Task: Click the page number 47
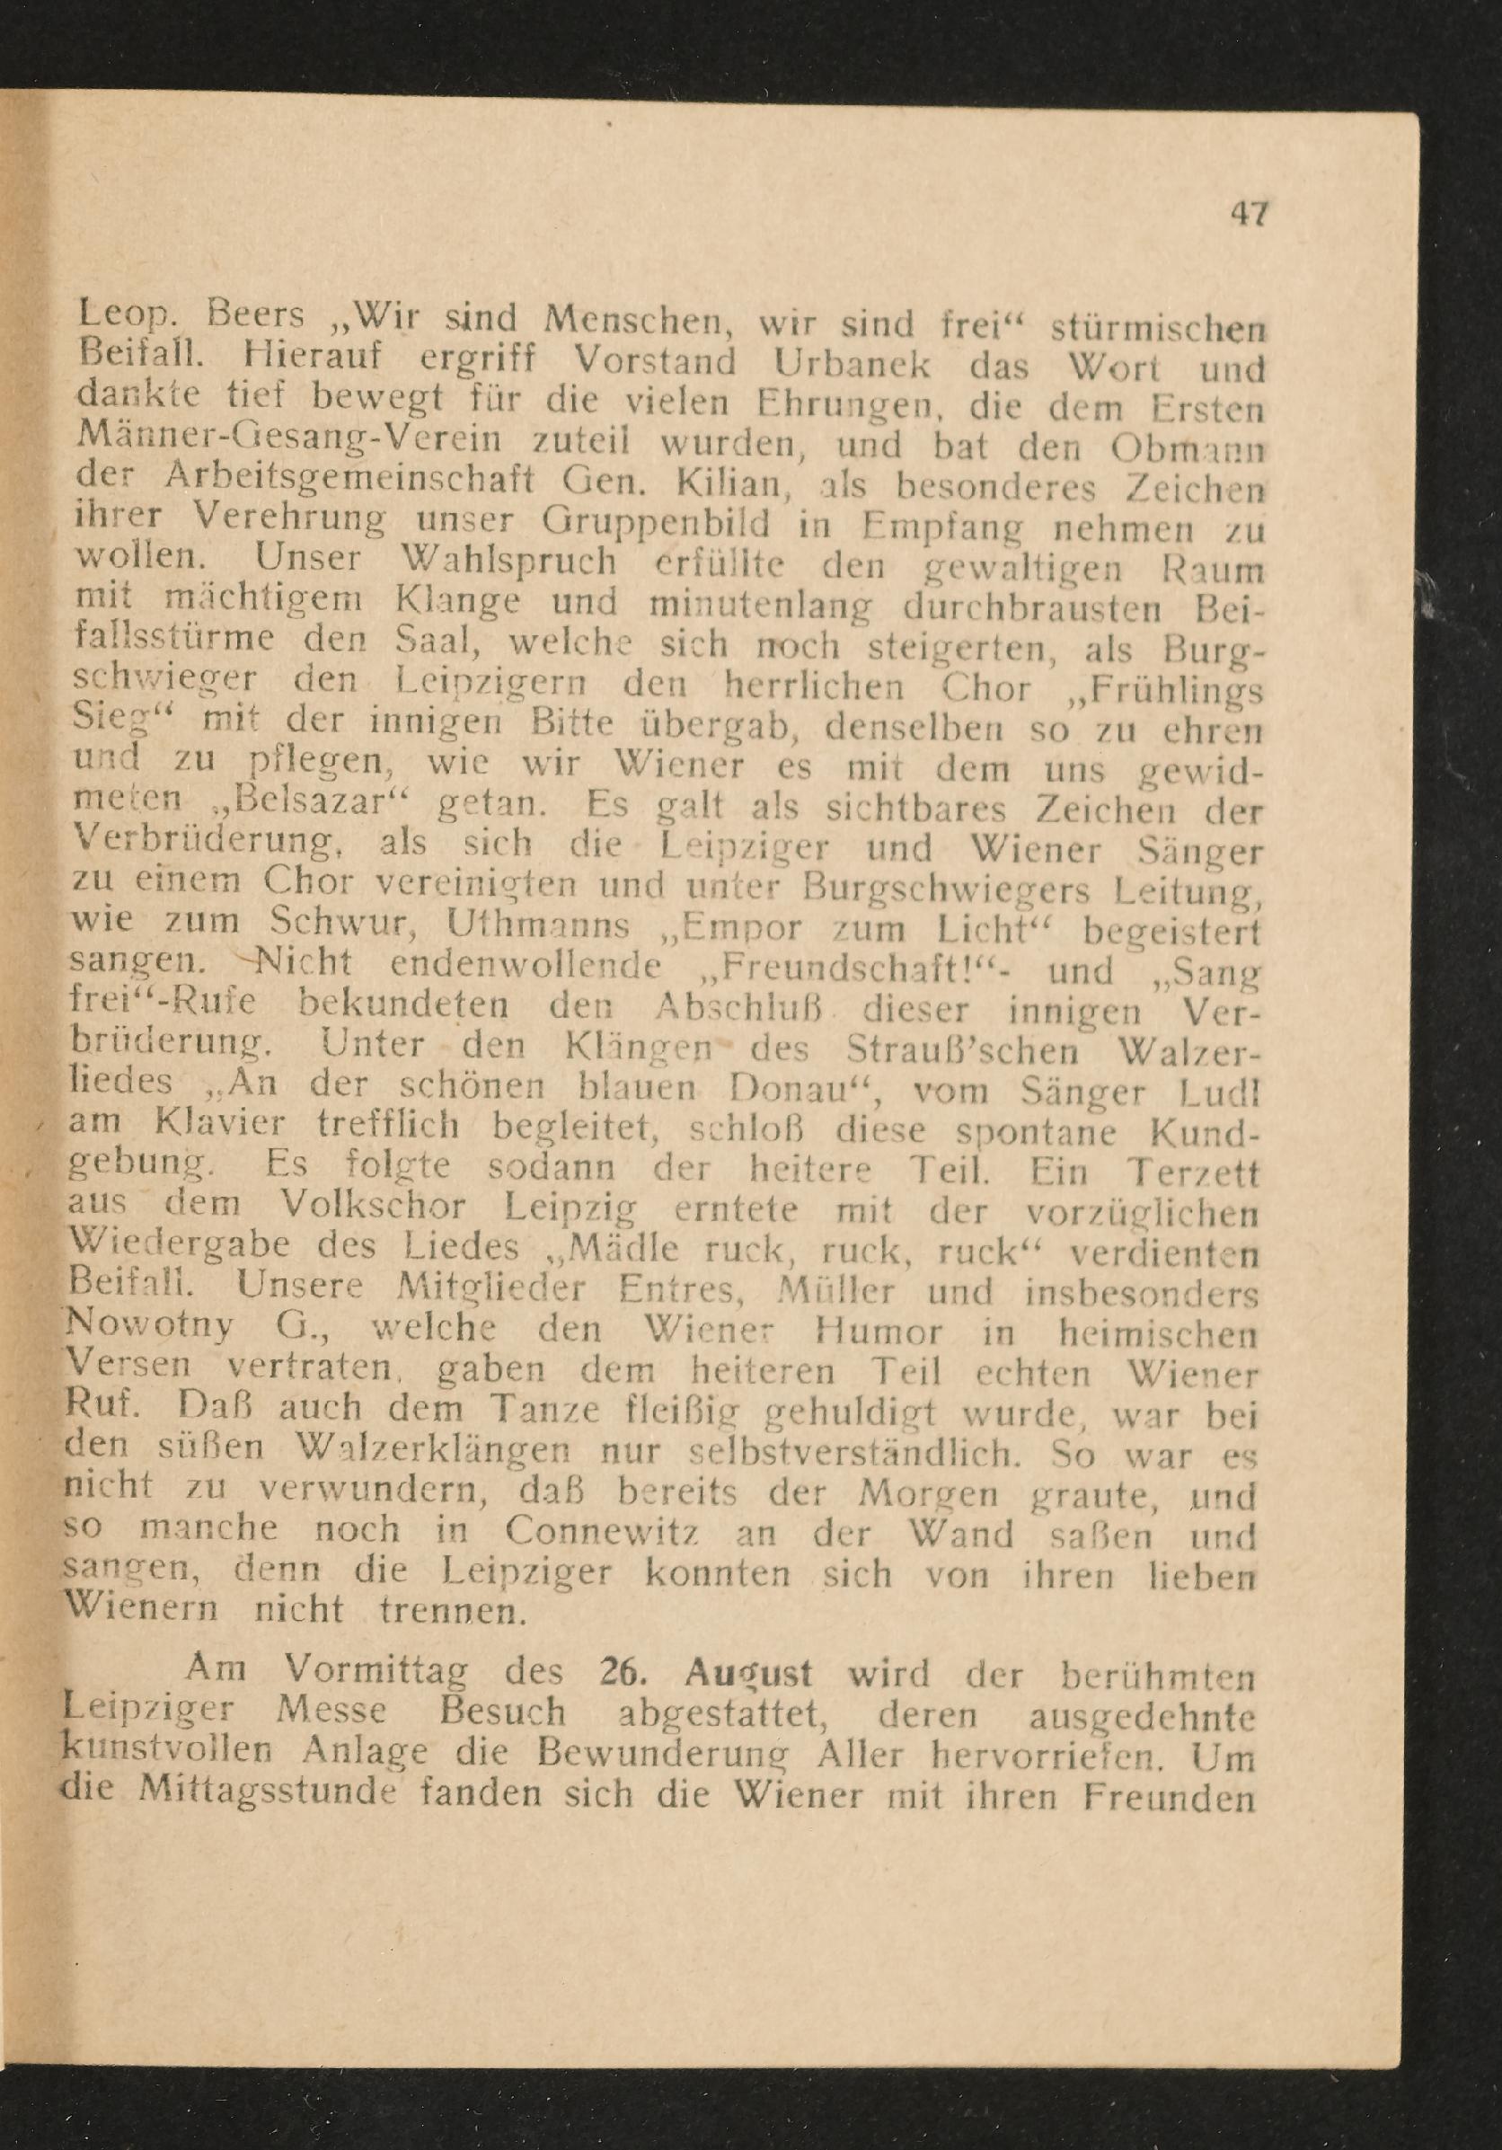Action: tap(1249, 215)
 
